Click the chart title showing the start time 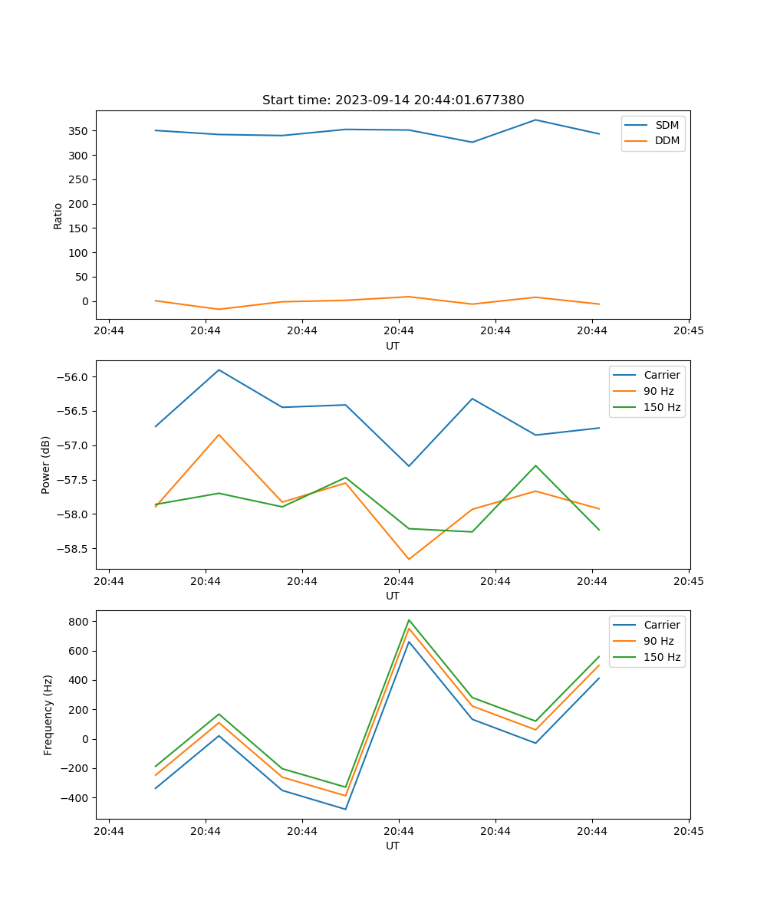[x=393, y=100]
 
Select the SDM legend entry [x=667, y=125]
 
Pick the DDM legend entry [x=667, y=141]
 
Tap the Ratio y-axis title [x=58, y=215]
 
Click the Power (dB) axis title [x=46, y=465]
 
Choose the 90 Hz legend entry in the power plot [x=659, y=391]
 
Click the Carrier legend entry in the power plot [x=661, y=375]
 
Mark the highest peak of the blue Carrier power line [x=219, y=370]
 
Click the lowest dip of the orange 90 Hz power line [x=409, y=559]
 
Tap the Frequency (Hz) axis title [x=48, y=715]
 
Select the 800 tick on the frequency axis [x=79, y=622]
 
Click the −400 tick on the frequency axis [x=75, y=798]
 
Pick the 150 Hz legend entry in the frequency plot [x=662, y=657]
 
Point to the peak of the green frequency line [x=409, y=619]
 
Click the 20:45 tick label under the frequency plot [x=688, y=831]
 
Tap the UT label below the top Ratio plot [x=393, y=346]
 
